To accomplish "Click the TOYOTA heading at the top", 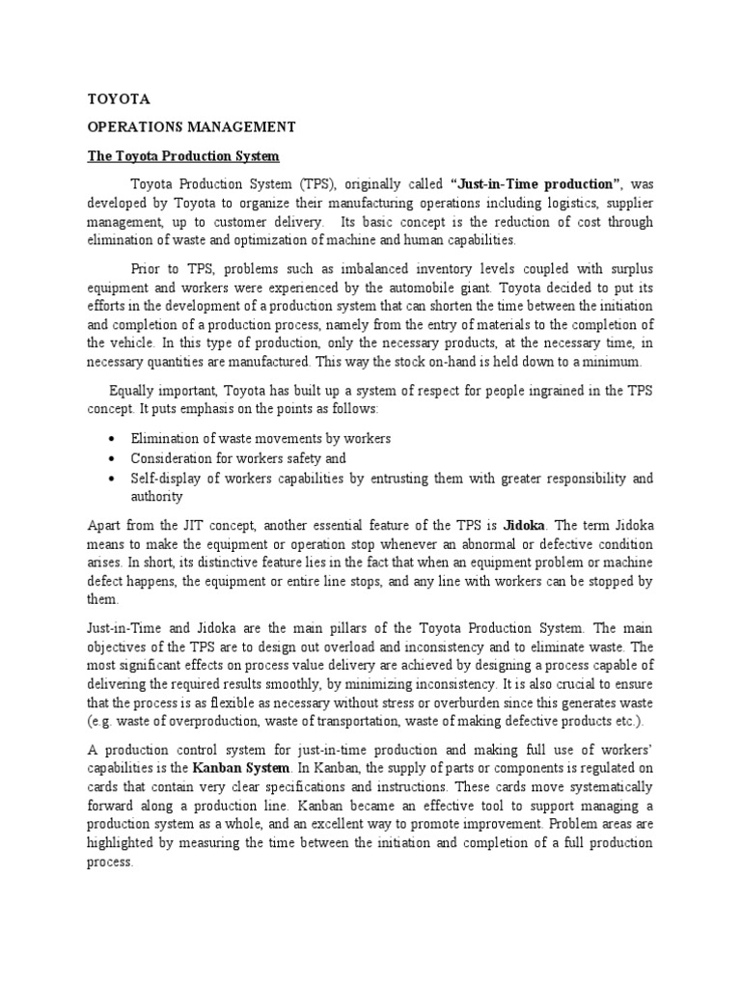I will pyautogui.click(x=119, y=98).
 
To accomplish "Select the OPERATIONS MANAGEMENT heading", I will pyautogui.click(x=191, y=126).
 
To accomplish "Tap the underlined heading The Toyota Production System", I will pyautogui.click(x=183, y=155).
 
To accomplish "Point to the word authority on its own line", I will pyautogui.click(x=156, y=497).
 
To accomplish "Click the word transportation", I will pyautogui.click(x=367, y=724).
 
